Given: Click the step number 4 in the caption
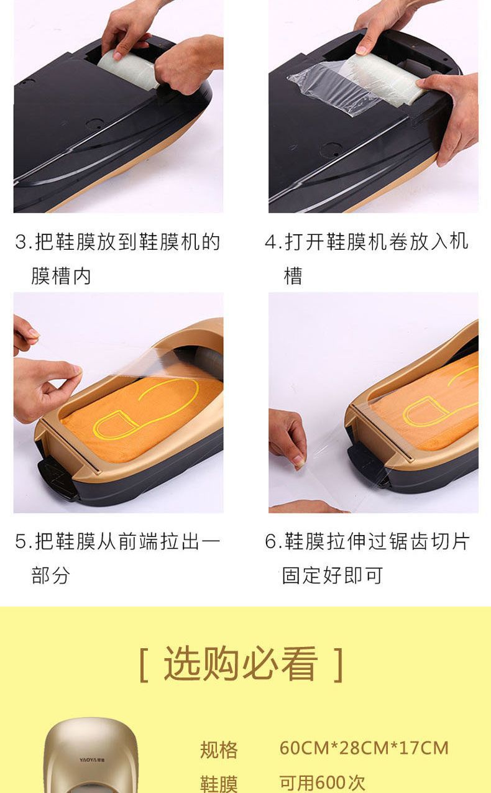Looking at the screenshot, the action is point(271,242).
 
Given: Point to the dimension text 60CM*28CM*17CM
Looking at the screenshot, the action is point(364,748).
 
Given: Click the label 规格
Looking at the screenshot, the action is point(219,749).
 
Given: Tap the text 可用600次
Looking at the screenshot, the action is point(322,782).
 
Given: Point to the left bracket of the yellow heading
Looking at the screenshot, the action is point(144,664).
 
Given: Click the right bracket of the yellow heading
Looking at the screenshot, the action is point(339,664).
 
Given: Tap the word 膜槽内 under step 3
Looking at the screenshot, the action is point(62,276).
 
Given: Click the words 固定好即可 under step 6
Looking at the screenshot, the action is point(333,575).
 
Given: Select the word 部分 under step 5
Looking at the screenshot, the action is point(50,575).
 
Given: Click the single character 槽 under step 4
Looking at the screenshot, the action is point(293,276).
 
